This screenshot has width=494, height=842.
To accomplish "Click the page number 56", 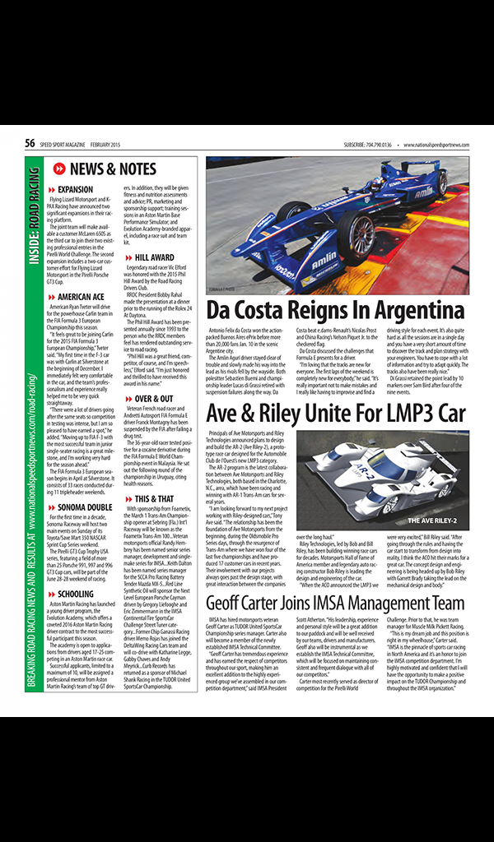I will (30, 144).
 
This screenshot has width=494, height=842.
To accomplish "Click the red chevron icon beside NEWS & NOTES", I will (59, 169).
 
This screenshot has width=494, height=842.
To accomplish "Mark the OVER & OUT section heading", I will (154, 398).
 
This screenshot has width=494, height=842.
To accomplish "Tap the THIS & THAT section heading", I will (154, 498).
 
